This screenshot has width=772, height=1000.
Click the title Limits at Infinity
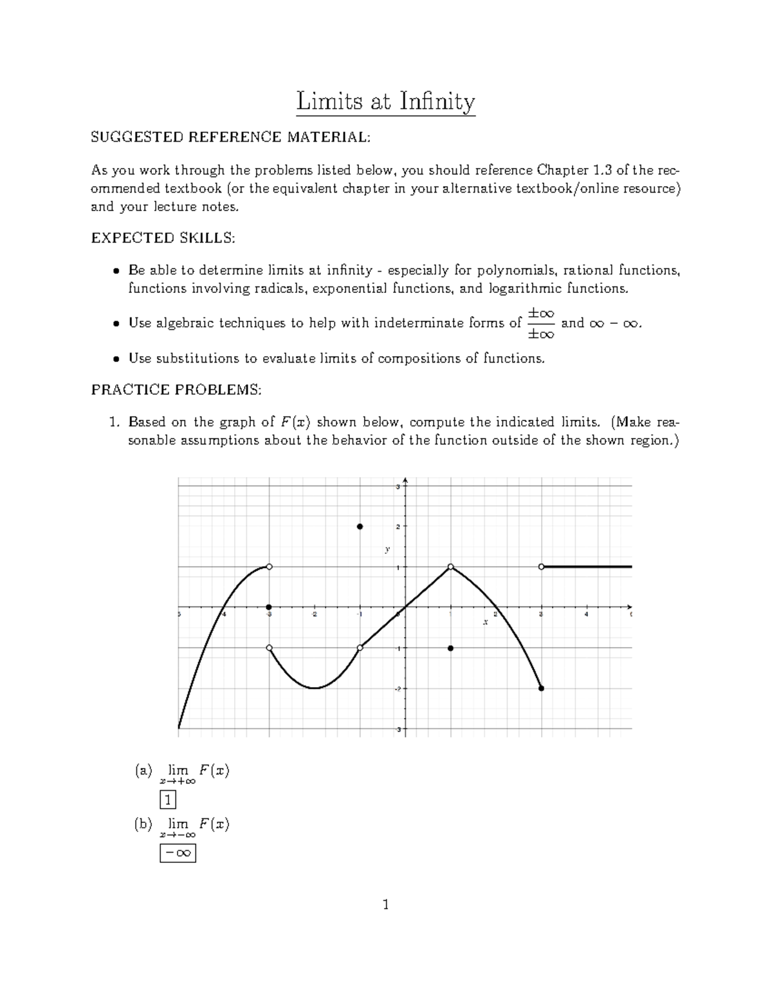(x=385, y=102)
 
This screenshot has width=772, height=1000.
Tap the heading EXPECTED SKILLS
(x=163, y=238)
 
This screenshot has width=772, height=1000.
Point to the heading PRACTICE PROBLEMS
(x=176, y=390)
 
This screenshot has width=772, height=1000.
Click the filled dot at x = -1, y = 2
(x=360, y=527)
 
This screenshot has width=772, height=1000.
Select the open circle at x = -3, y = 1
(x=270, y=567)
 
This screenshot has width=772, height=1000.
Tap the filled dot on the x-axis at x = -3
(x=270, y=607)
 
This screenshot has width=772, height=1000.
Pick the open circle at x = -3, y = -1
(x=270, y=648)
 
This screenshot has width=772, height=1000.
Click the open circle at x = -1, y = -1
(x=360, y=648)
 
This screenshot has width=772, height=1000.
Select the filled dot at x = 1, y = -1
(x=451, y=648)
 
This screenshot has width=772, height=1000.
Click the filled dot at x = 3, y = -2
(x=541, y=688)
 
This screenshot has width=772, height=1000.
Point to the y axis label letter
(x=387, y=549)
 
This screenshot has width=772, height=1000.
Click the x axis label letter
(x=486, y=622)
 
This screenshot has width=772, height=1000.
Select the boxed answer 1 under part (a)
(x=168, y=800)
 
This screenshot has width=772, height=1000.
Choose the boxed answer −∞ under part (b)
(x=178, y=853)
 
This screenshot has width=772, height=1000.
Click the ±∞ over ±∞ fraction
(x=540, y=323)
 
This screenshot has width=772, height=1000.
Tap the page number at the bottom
(x=386, y=905)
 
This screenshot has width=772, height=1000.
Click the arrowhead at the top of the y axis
(x=405, y=480)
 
